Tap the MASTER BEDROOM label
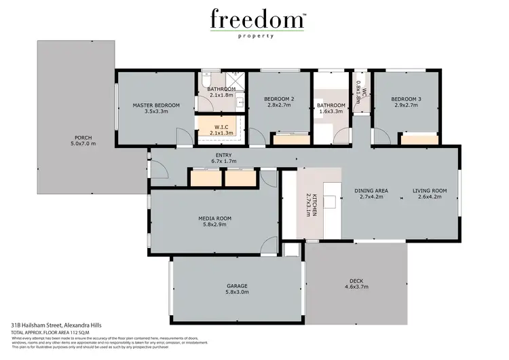pos(156,105)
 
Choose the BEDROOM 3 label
pos(406,100)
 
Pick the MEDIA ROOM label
pos(214,218)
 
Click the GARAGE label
pos(237,286)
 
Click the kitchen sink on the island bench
pos(331,201)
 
